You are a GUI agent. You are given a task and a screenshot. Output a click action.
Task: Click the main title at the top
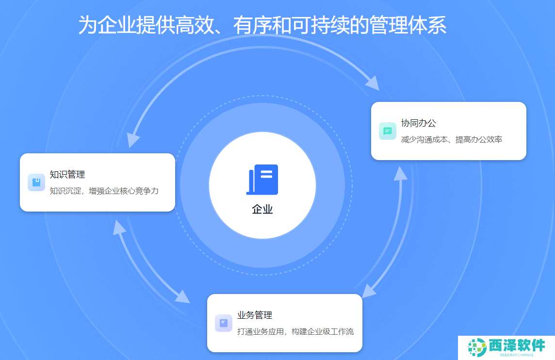[x=262, y=25]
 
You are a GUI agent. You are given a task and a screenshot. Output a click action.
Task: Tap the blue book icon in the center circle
[x=262, y=180]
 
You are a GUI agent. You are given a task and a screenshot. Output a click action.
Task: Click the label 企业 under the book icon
[x=262, y=209]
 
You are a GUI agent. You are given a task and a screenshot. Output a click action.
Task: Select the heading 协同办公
[x=418, y=123]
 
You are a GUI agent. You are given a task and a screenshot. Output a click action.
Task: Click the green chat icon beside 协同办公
[x=388, y=131]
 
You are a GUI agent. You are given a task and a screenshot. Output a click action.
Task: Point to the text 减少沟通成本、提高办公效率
[x=452, y=139]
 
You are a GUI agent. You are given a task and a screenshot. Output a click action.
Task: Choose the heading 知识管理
[x=67, y=175]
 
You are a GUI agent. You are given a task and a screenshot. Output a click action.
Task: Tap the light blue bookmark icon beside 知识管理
[x=36, y=182]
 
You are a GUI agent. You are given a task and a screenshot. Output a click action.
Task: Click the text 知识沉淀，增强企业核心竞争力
[x=104, y=191]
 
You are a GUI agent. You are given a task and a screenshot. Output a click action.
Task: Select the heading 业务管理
[x=255, y=315]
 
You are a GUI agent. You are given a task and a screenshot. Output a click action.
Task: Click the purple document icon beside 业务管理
[x=224, y=323]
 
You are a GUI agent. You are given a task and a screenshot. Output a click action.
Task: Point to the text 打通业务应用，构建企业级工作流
[x=295, y=331]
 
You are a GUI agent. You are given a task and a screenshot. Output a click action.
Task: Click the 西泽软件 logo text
[x=517, y=345]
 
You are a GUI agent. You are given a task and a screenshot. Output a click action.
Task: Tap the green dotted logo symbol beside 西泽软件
[x=477, y=347]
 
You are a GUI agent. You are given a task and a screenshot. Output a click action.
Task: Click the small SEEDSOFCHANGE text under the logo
[x=517, y=355]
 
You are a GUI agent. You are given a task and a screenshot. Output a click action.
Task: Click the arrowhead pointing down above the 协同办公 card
[x=373, y=83]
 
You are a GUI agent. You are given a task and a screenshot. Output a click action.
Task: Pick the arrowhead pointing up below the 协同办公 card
[x=401, y=174]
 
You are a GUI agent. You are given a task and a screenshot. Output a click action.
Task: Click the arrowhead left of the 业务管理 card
[x=182, y=296]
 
